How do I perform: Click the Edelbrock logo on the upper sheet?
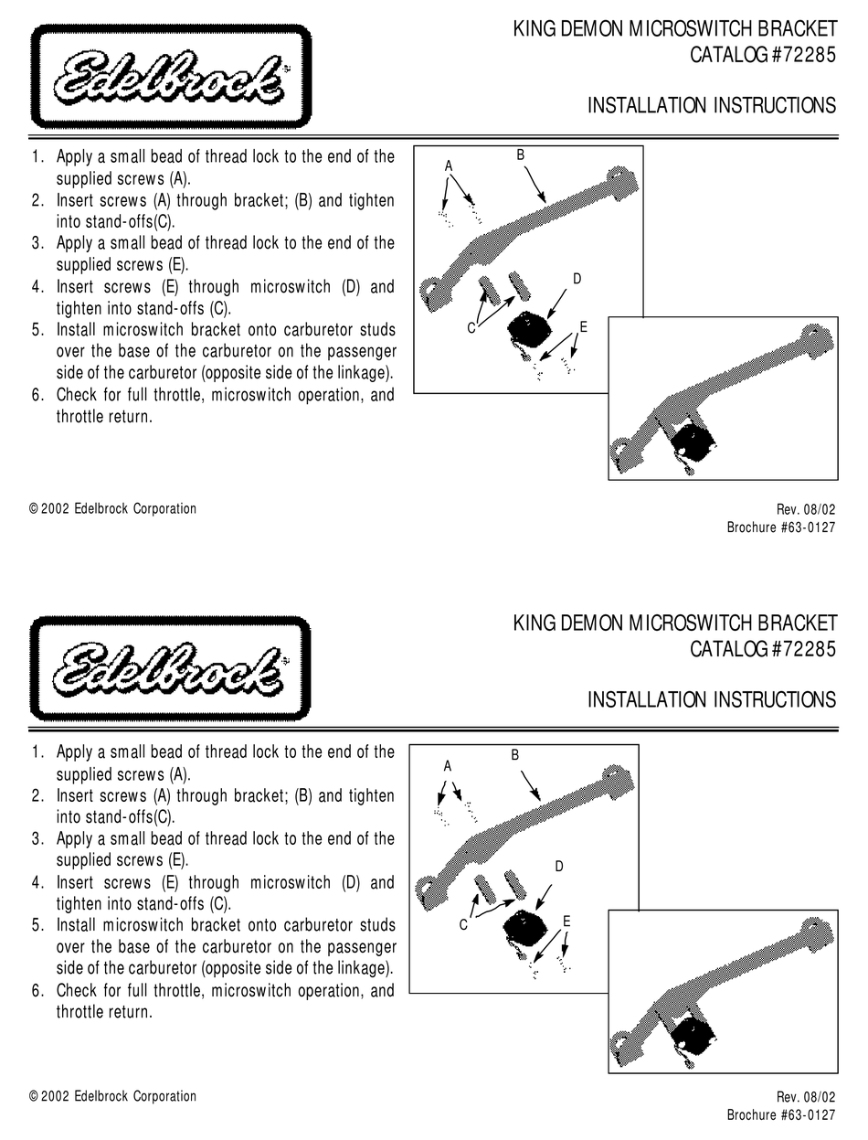pos(170,79)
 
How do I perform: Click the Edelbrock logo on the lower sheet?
pos(170,668)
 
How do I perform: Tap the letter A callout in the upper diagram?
pos(449,165)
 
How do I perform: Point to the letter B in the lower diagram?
pos(514,755)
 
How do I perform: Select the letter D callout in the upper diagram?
pos(577,278)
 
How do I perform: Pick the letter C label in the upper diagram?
pos(471,328)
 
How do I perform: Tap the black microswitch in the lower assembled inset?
pos(694,1031)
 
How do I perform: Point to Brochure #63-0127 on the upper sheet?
pos(781,527)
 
